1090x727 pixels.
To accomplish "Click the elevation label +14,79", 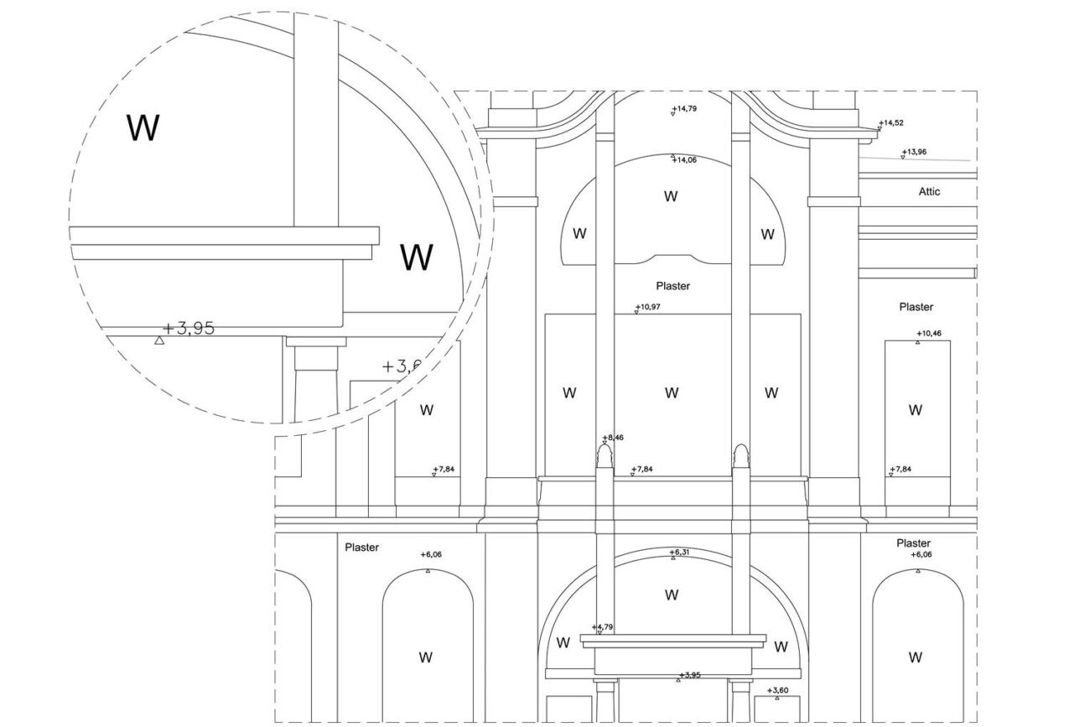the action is coord(685,108).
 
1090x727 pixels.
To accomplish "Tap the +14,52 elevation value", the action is coord(891,122).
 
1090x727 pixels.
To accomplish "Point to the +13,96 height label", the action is coord(914,152).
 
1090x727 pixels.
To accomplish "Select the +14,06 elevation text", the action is coord(685,160).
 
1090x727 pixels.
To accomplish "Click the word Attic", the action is coord(929,192).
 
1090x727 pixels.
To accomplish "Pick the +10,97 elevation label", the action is coord(648,307).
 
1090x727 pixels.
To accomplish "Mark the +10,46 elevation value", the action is coord(929,334).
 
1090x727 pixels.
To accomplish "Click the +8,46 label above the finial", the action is coord(613,438).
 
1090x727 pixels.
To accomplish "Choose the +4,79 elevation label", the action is coord(602,626).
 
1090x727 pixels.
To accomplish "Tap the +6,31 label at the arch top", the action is coord(679,553).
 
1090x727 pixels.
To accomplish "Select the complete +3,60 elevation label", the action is coord(777,690).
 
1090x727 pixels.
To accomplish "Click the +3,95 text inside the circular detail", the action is coord(189,329).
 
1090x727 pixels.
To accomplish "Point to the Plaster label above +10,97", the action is coord(673,286).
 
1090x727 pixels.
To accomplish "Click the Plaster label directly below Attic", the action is coord(916,307).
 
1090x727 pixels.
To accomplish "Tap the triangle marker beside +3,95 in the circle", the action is coord(159,340).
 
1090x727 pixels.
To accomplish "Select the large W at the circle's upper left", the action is coord(143,128).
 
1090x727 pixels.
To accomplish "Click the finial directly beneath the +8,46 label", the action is coord(605,456).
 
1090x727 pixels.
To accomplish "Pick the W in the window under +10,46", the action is coord(916,410).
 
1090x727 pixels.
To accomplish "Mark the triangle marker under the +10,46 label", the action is coord(918,343).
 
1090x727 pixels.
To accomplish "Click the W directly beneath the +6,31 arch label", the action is coord(672,595).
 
